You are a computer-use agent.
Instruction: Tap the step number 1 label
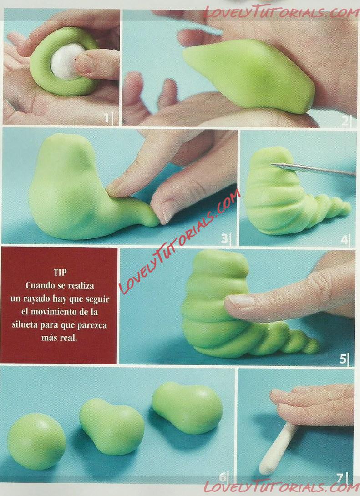pyautogui.click(x=106, y=118)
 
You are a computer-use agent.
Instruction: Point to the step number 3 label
pyautogui.click(x=224, y=238)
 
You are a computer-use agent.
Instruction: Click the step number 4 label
pyautogui.click(x=344, y=239)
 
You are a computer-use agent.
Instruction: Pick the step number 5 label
pyautogui.click(x=343, y=359)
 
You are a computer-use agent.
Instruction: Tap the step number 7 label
pyautogui.click(x=340, y=478)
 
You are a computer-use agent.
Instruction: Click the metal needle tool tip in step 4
pyautogui.click(x=272, y=164)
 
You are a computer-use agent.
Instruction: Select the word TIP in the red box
pyautogui.click(x=60, y=273)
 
